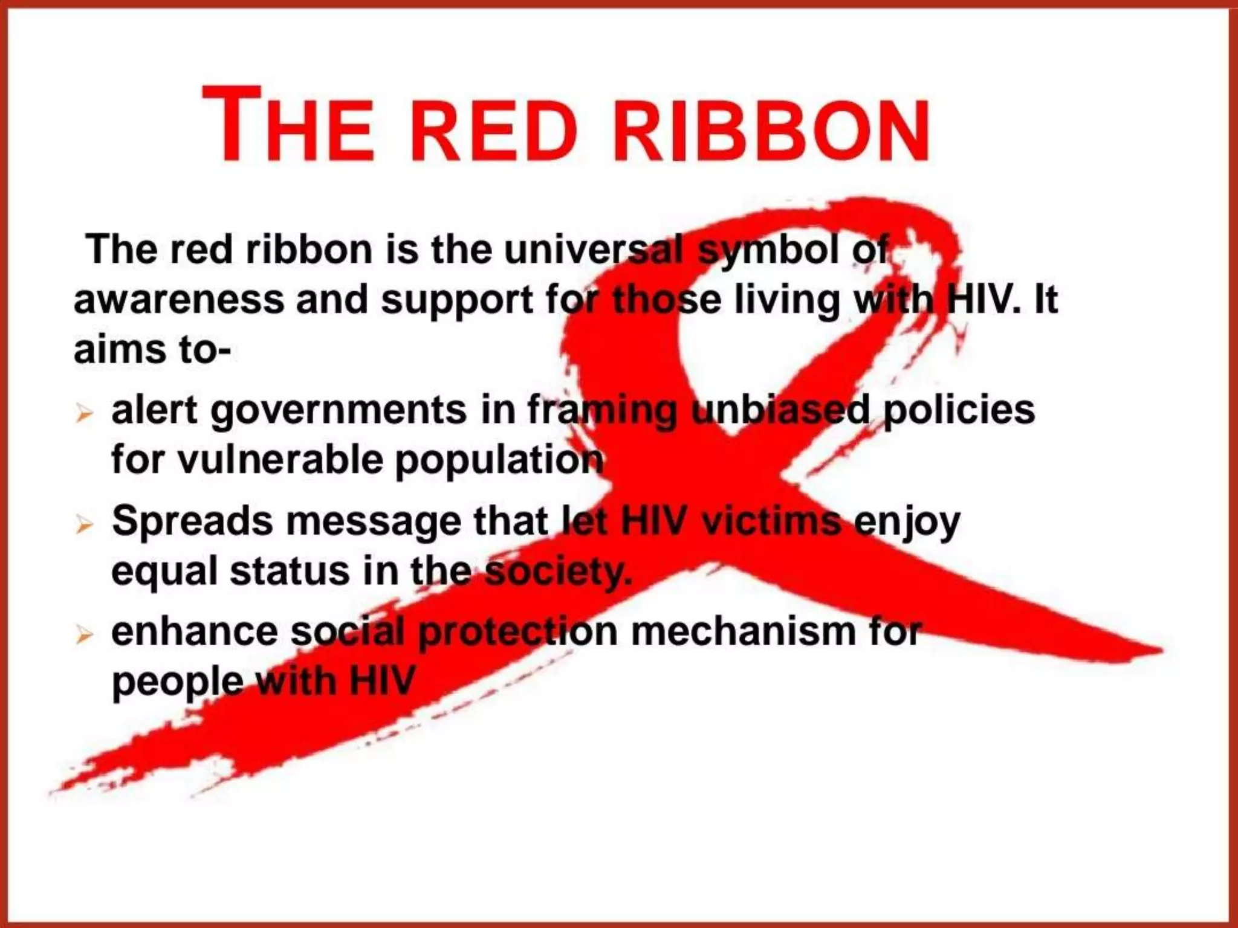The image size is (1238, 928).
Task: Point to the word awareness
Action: [178, 300]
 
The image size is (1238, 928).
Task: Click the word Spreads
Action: [192, 521]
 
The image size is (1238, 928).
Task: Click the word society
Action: [559, 572]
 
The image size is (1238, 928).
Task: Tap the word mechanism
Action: [744, 632]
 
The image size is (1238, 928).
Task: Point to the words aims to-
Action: [152, 350]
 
